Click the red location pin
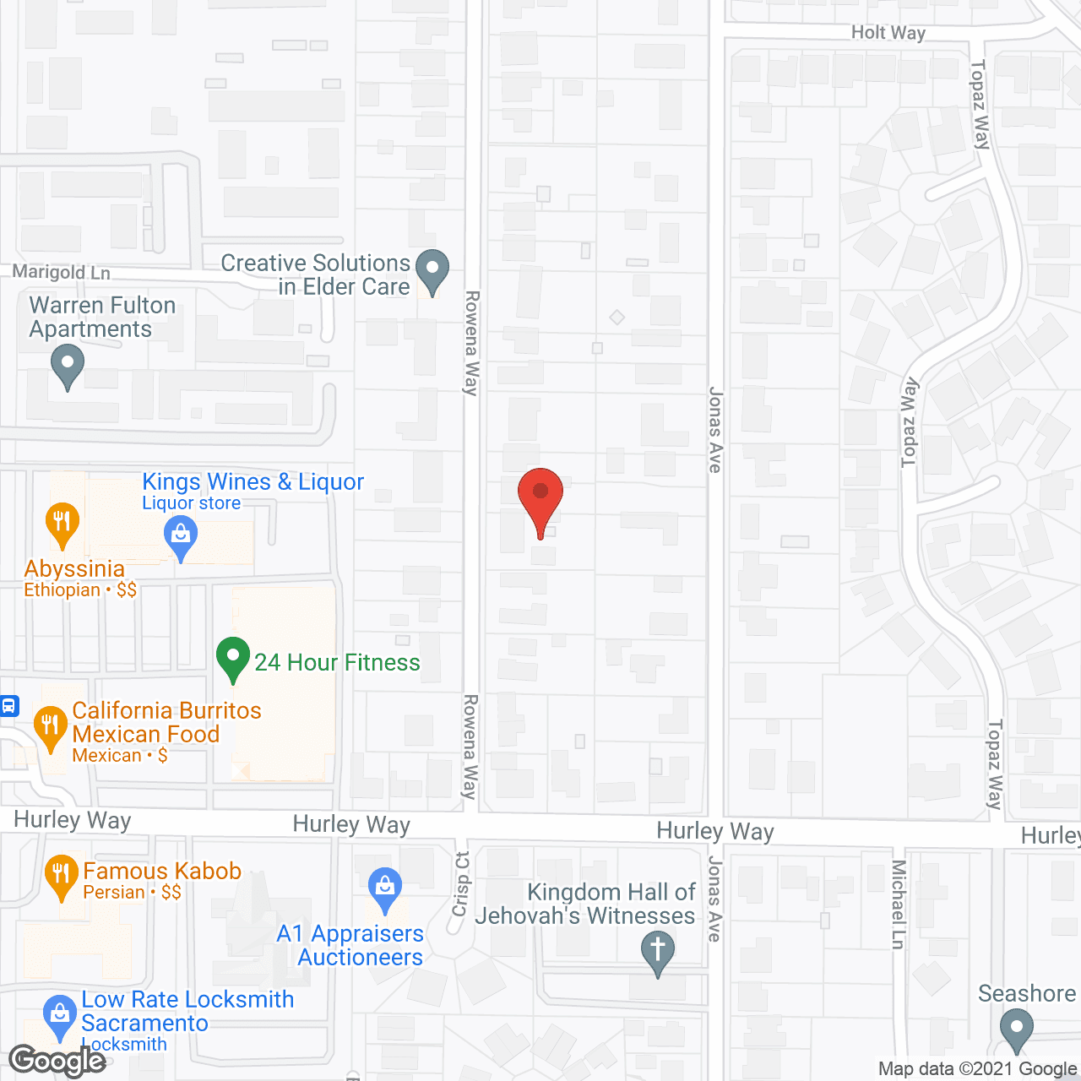pos(540,494)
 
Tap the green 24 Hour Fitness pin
pos(233,658)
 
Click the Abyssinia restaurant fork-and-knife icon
pos(62,522)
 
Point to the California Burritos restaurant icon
pos(50,726)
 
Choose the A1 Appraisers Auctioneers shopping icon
pos(385,888)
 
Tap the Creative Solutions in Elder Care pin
pos(432,270)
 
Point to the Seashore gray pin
pos(1016,1029)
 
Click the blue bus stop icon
pos(9,706)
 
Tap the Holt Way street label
pos(888,33)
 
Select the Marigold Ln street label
pos(61,272)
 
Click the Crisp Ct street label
pos(461,883)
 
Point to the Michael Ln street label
pos(899,904)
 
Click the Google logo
pos(57,1061)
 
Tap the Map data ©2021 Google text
pos(977,1069)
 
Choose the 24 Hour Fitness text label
pos(337,662)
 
